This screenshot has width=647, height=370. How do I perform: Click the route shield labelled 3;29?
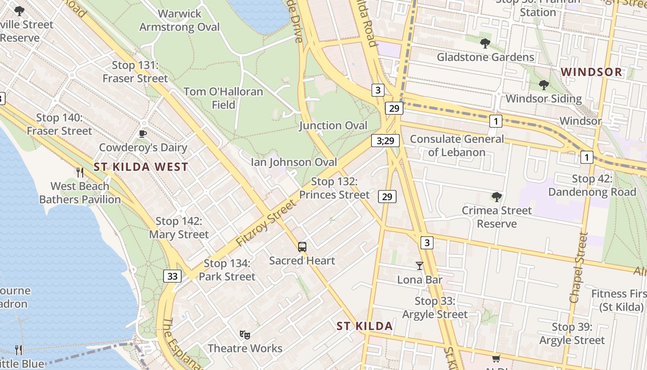(x=385, y=141)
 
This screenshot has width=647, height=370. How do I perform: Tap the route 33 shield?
(x=172, y=276)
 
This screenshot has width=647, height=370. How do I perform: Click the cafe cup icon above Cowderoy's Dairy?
(x=143, y=134)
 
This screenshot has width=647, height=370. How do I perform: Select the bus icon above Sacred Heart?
(x=302, y=247)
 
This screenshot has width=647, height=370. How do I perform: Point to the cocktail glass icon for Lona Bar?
(x=419, y=266)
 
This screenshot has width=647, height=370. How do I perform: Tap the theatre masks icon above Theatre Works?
(x=244, y=334)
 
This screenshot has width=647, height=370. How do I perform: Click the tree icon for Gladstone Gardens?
(x=485, y=43)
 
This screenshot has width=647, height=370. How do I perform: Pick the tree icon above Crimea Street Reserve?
(x=496, y=197)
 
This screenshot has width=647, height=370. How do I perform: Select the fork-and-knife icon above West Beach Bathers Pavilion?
(x=80, y=173)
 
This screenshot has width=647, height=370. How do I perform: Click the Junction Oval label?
(x=333, y=125)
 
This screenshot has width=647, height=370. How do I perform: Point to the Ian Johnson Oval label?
(x=293, y=162)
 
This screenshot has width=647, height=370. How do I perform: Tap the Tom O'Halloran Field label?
(x=223, y=98)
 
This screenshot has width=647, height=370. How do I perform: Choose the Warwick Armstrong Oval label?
(x=179, y=20)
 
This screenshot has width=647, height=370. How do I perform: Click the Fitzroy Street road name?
(x=265, y=223)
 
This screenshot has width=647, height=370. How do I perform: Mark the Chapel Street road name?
(x=579, y=268)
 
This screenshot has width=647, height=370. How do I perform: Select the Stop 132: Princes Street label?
(x=334, y=188)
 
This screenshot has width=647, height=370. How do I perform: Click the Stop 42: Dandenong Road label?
(x=592, y=185)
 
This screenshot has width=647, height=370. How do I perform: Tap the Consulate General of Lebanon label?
(x=457, y=145)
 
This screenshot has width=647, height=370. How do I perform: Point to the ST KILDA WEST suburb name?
(x=140, y=167)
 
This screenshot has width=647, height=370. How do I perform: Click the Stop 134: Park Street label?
(x=227, y=270)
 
